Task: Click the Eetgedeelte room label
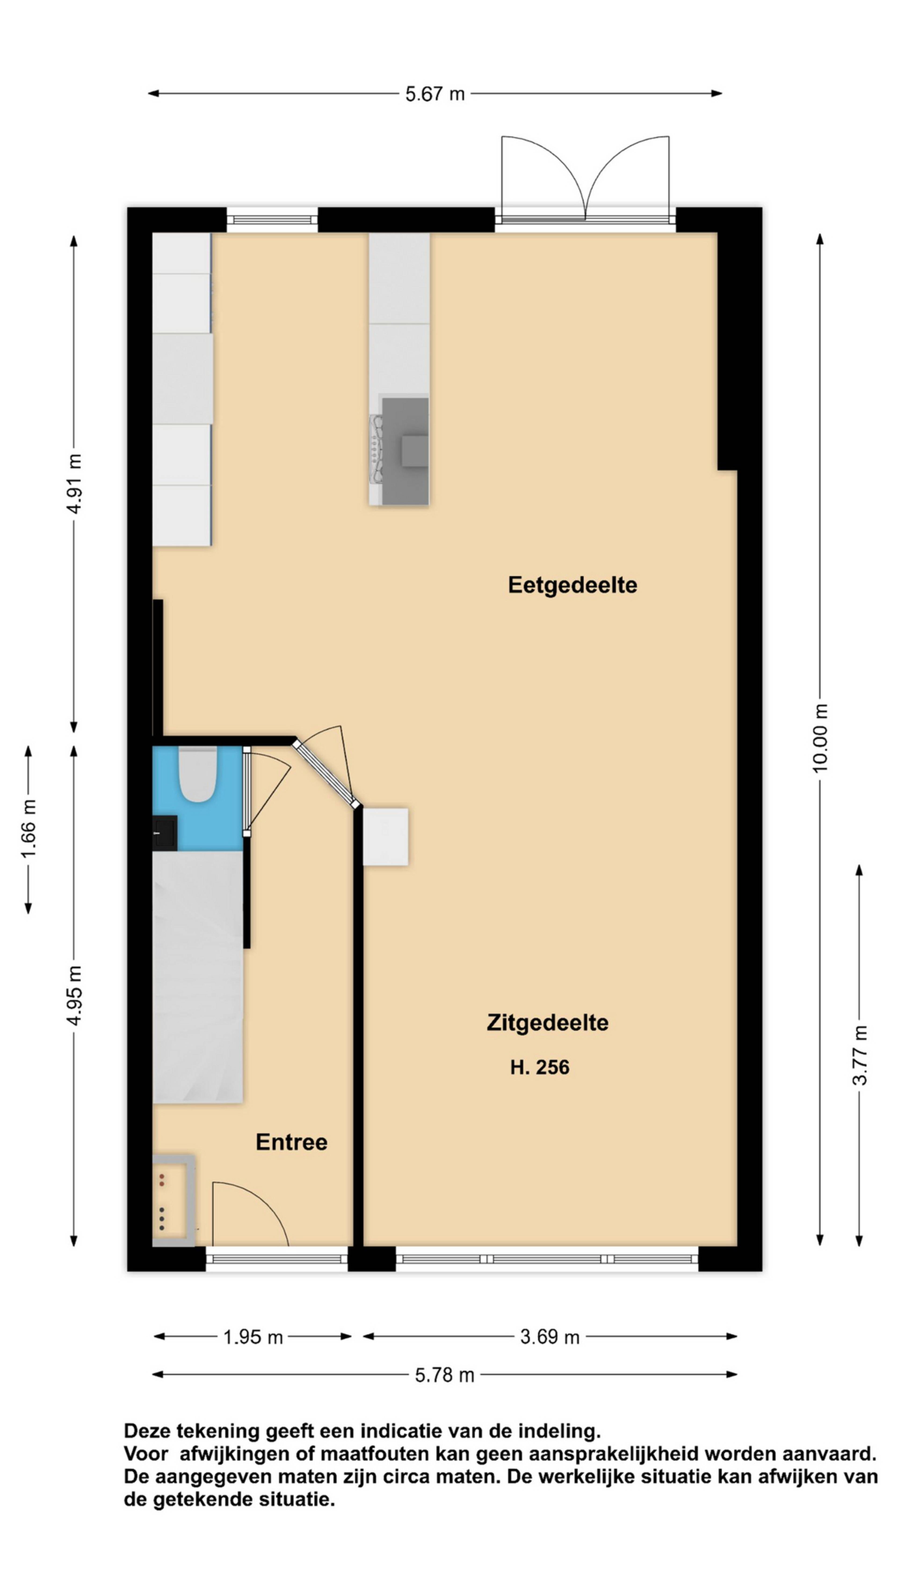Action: click(x=572, y=585)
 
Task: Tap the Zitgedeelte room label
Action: click(x=547, y=1023)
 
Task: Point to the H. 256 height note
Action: click(x=539, y=1068)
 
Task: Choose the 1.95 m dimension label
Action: click(x=253, y=1337)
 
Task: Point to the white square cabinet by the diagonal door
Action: click(x=385, y=836)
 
